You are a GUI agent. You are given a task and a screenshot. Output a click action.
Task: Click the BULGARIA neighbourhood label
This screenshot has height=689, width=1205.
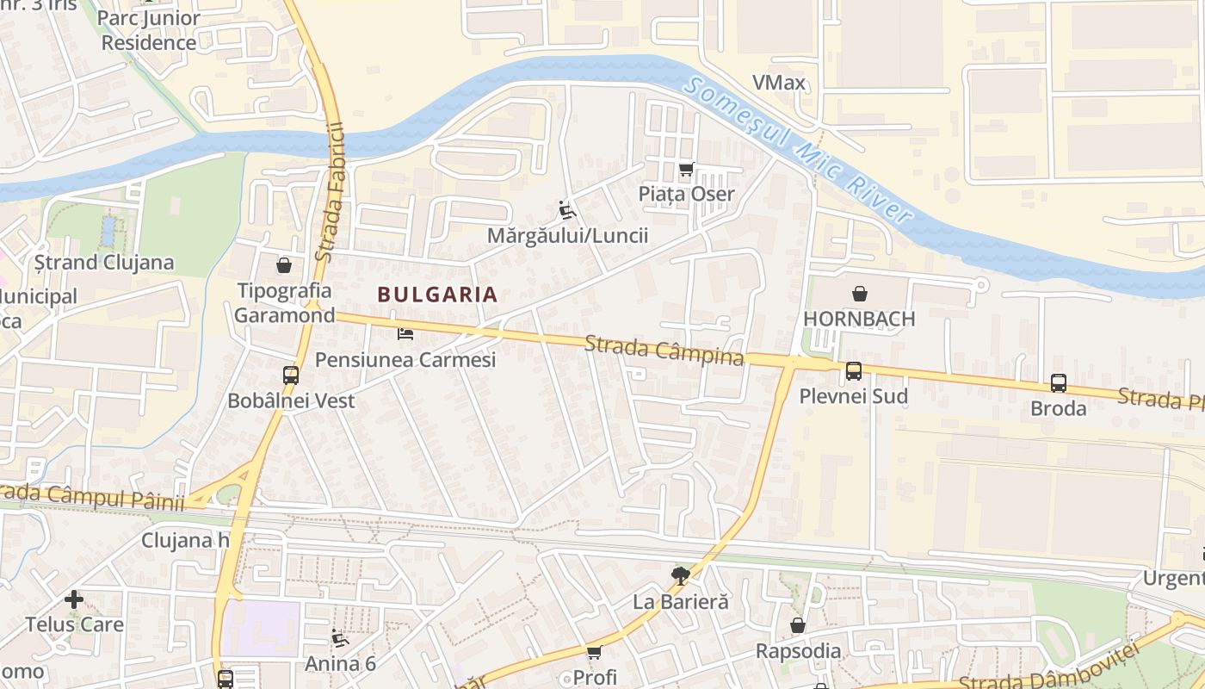[x=437, y=295]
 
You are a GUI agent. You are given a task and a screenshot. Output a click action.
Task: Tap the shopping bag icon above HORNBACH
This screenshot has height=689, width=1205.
[x=859, y=294]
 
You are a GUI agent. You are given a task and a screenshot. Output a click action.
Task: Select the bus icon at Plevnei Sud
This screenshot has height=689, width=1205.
[x=853, y=371]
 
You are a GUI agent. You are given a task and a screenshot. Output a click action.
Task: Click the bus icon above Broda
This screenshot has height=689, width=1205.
[x=1058, y=383]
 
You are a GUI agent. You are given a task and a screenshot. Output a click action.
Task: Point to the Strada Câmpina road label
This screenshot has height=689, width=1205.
[x=664, y=351]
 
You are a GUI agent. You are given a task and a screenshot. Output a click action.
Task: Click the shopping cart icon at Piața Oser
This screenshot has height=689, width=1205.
[x=686, y=169]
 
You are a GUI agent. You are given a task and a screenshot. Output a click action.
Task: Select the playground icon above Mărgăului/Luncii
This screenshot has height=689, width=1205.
[x=566, y=209]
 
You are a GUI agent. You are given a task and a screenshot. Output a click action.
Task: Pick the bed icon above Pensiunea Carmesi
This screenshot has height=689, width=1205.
[x=405, y=333]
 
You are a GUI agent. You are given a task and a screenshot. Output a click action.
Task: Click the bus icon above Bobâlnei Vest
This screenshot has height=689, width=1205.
[x=291, y=376]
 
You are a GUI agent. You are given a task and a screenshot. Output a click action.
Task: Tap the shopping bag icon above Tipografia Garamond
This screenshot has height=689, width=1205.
[x=283, y=265]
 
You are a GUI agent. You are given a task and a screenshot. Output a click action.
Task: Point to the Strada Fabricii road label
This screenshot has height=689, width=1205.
[x=331, y=192]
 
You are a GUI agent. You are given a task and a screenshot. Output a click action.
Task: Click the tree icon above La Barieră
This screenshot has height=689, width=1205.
[x=680, y=575]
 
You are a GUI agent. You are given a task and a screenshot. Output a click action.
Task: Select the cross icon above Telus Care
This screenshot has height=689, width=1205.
[x=74, y=599]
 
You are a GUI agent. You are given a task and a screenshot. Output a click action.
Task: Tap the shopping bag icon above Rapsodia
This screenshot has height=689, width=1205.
[x=798, y=625]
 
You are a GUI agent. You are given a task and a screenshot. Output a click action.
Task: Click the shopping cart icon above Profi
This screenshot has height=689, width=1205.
[x=594, y=652]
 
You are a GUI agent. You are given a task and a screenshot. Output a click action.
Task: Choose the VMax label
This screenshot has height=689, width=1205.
[x=778, y=83]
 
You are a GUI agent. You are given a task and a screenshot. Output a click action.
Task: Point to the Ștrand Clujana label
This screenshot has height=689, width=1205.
[x=103, y=263]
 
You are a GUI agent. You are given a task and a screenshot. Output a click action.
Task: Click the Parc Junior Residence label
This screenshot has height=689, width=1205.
[x=149, y=30]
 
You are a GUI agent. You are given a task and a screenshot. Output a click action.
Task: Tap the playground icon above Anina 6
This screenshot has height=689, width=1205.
[x=340, y=638]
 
